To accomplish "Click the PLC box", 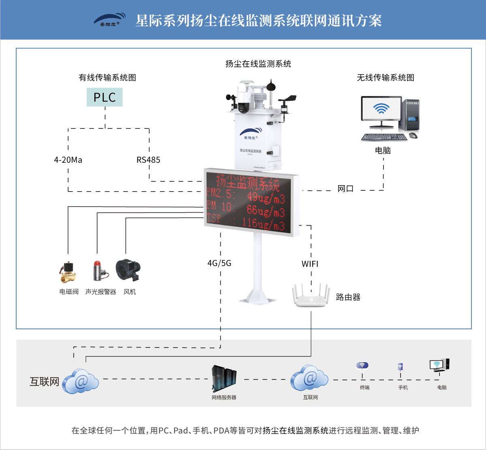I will click(x=104, y=97).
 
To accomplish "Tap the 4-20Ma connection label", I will click(x=68, y=160).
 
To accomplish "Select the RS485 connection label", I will click(x=148, y=160).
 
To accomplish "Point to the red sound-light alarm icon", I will click(x=99, y=271).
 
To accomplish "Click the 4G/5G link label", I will click(x=219, y=263).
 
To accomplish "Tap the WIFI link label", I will click(x=310, y=264).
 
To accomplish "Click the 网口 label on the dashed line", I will click(x=345, y=189).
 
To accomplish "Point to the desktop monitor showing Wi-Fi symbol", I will click(x=381, y=109).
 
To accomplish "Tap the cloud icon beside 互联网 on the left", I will click(x=81, y=381).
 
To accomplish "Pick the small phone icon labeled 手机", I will click(x=400, y=367).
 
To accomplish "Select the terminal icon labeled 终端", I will click(x=362, y=366).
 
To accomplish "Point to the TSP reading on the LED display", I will click(x=245, y=222).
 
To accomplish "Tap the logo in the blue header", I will click(x=110, y=20).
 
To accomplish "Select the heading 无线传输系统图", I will click(x=385, y=78).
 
